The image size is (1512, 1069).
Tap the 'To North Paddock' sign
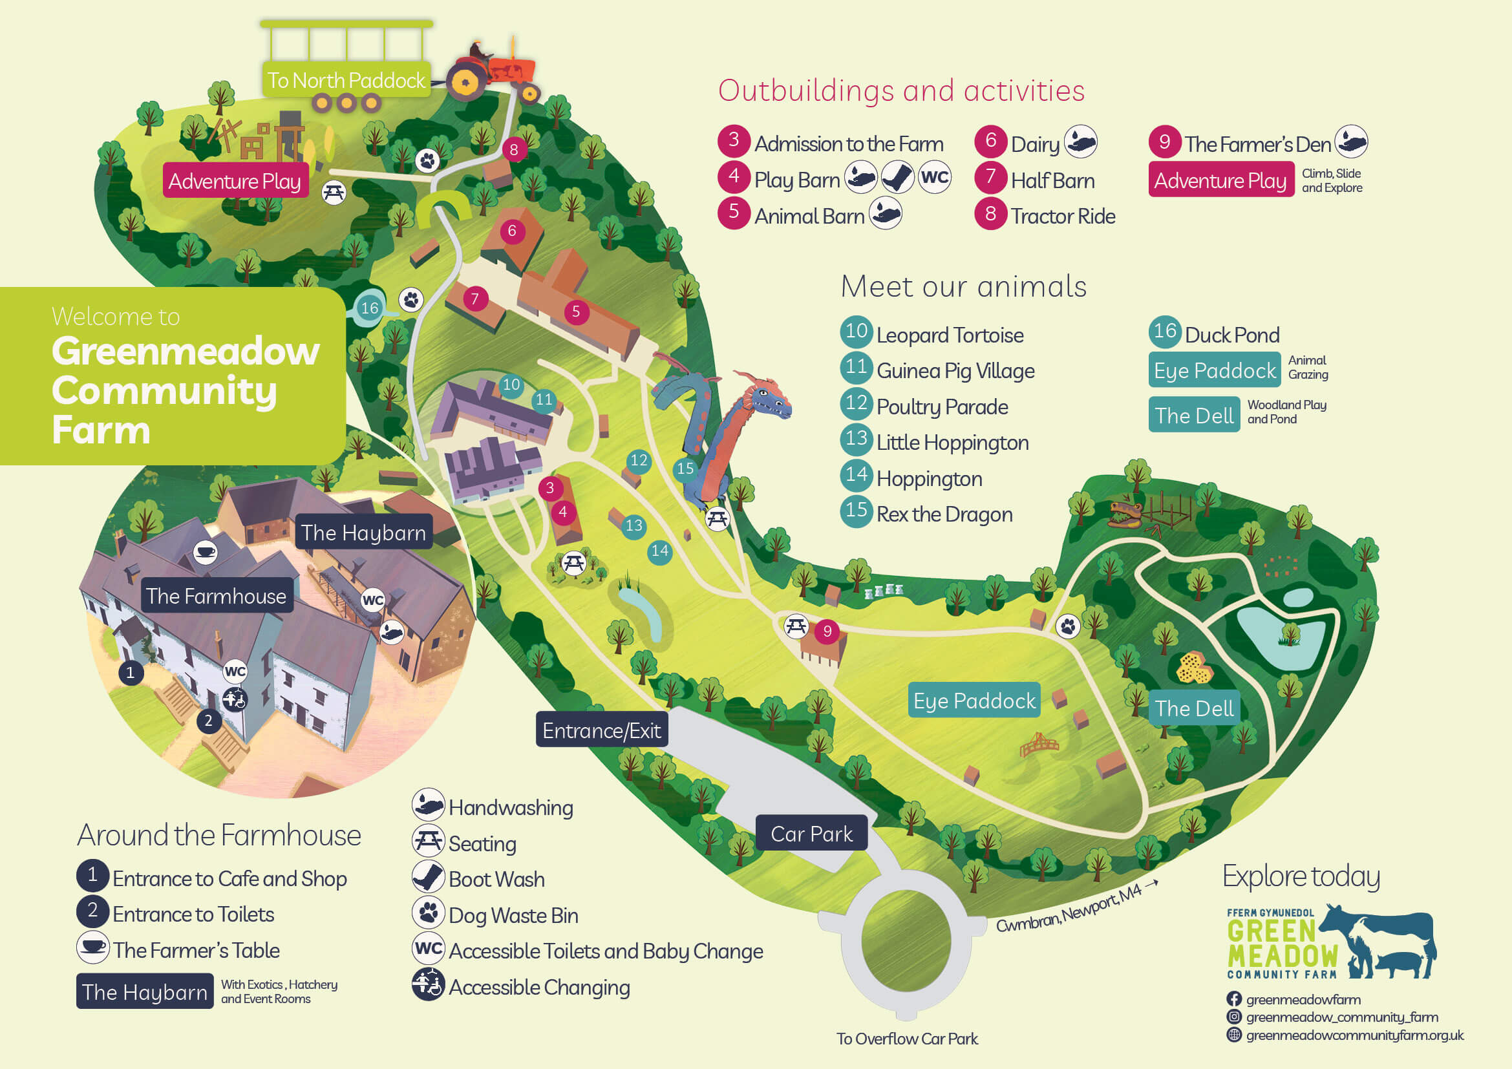tap(346, 80)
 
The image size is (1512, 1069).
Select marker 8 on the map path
tap(514, 149)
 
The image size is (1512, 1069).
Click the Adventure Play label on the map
tap(235, 181)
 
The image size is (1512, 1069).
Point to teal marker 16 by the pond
tap(370, 308)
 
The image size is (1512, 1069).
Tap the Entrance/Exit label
tap(601, 730)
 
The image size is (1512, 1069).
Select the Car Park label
tap(811, 834)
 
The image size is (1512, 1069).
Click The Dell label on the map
tap(1194, 708)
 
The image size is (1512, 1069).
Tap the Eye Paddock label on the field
tap(974, 701)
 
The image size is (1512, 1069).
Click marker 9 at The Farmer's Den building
tap(827, 632)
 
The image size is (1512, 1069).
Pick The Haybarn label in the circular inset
tap(363, 532)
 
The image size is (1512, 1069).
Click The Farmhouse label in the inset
tap(216, 596)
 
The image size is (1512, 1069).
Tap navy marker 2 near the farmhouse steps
tap(208, 721)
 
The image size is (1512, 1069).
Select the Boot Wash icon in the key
tap(428, 878)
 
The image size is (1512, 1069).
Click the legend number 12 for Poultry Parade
tap(856, 403)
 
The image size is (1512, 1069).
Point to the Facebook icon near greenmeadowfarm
tap(1234, 999)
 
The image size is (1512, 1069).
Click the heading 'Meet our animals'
tap(963, 286)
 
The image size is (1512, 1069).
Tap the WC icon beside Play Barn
tap(935, 177)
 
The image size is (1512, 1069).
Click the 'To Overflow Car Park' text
tap(907, 1039)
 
